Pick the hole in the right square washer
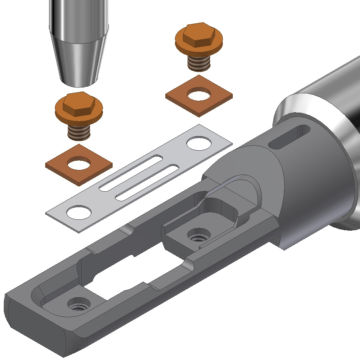198,95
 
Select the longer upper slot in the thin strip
132,172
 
